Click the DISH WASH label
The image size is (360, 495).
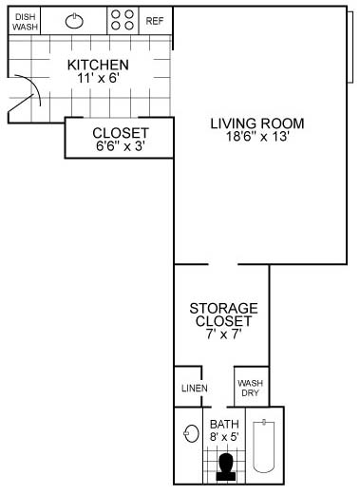(x=25, y=22)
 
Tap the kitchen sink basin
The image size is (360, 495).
(x=74, y=21)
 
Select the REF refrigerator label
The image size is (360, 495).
(x=155, y=21)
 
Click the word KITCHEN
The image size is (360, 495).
(x=98, y=65)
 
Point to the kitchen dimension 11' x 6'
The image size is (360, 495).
(x=98, y=78)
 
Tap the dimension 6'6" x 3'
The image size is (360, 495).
(x=121, y=146)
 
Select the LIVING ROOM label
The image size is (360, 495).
(x=257, y=124)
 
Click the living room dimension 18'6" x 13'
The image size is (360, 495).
(x=257, y=137)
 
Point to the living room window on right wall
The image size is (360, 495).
(x=351, y=47)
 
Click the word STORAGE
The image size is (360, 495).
(x=223, y=308)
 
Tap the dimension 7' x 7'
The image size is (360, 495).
(x=224, y=333)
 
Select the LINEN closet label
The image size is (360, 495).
(x=195, y=388)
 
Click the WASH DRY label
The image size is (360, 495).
(x=250, y=388)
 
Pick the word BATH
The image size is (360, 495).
(x=224, y=424)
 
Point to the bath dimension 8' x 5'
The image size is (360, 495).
(x=224, y=437)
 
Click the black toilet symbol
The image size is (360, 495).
(x=226, y=467)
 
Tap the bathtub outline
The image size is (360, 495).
(x=263, y=446)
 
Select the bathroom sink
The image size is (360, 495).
(x=191, y=433)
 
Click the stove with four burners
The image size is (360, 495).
(x=123, y=20)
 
